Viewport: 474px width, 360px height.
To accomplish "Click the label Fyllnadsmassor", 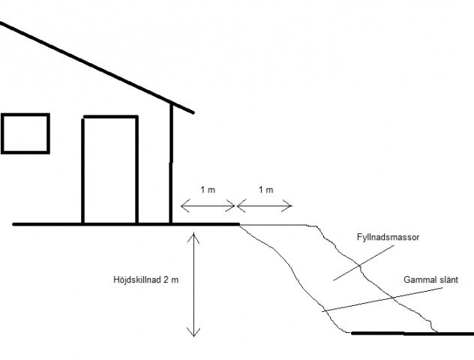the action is [x=388, y=237].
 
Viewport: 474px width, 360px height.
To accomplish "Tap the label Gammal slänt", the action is [x=430, y=280].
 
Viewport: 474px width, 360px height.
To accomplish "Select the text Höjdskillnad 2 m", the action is [x=146, y=280].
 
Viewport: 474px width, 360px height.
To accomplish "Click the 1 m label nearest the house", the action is [x=208, y=190].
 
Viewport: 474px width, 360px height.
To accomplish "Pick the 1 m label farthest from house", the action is [x=266, y=190].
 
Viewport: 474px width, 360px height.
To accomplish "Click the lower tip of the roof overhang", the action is [x=193, y=112].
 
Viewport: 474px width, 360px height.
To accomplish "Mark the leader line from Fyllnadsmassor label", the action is [x=364, y=263].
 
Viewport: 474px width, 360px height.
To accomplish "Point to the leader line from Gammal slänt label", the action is [x=382, y=299].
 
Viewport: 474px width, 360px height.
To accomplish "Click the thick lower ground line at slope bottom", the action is [x=412, y=334].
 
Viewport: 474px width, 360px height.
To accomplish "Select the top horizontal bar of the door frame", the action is [x=111, y=116].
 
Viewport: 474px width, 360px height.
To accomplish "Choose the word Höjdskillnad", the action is [x=137, y=280].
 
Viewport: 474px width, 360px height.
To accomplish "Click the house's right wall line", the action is [x=171, y=163].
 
